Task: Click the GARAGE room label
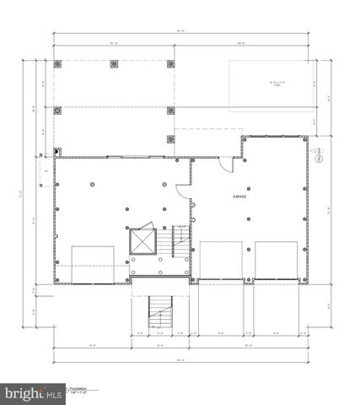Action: pyautogui.click(x=243, y=196)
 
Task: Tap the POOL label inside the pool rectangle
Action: pyautogui.click(x=272, y=84)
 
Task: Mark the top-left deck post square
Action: pyautogui.click(x=58, y=63)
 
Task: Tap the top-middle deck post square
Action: pyautogui.click(x=116, y=63)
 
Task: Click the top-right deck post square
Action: pyautogui.click(x=173, y=63)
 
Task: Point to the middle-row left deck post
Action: pyautogui.click(x=58, y=110)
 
